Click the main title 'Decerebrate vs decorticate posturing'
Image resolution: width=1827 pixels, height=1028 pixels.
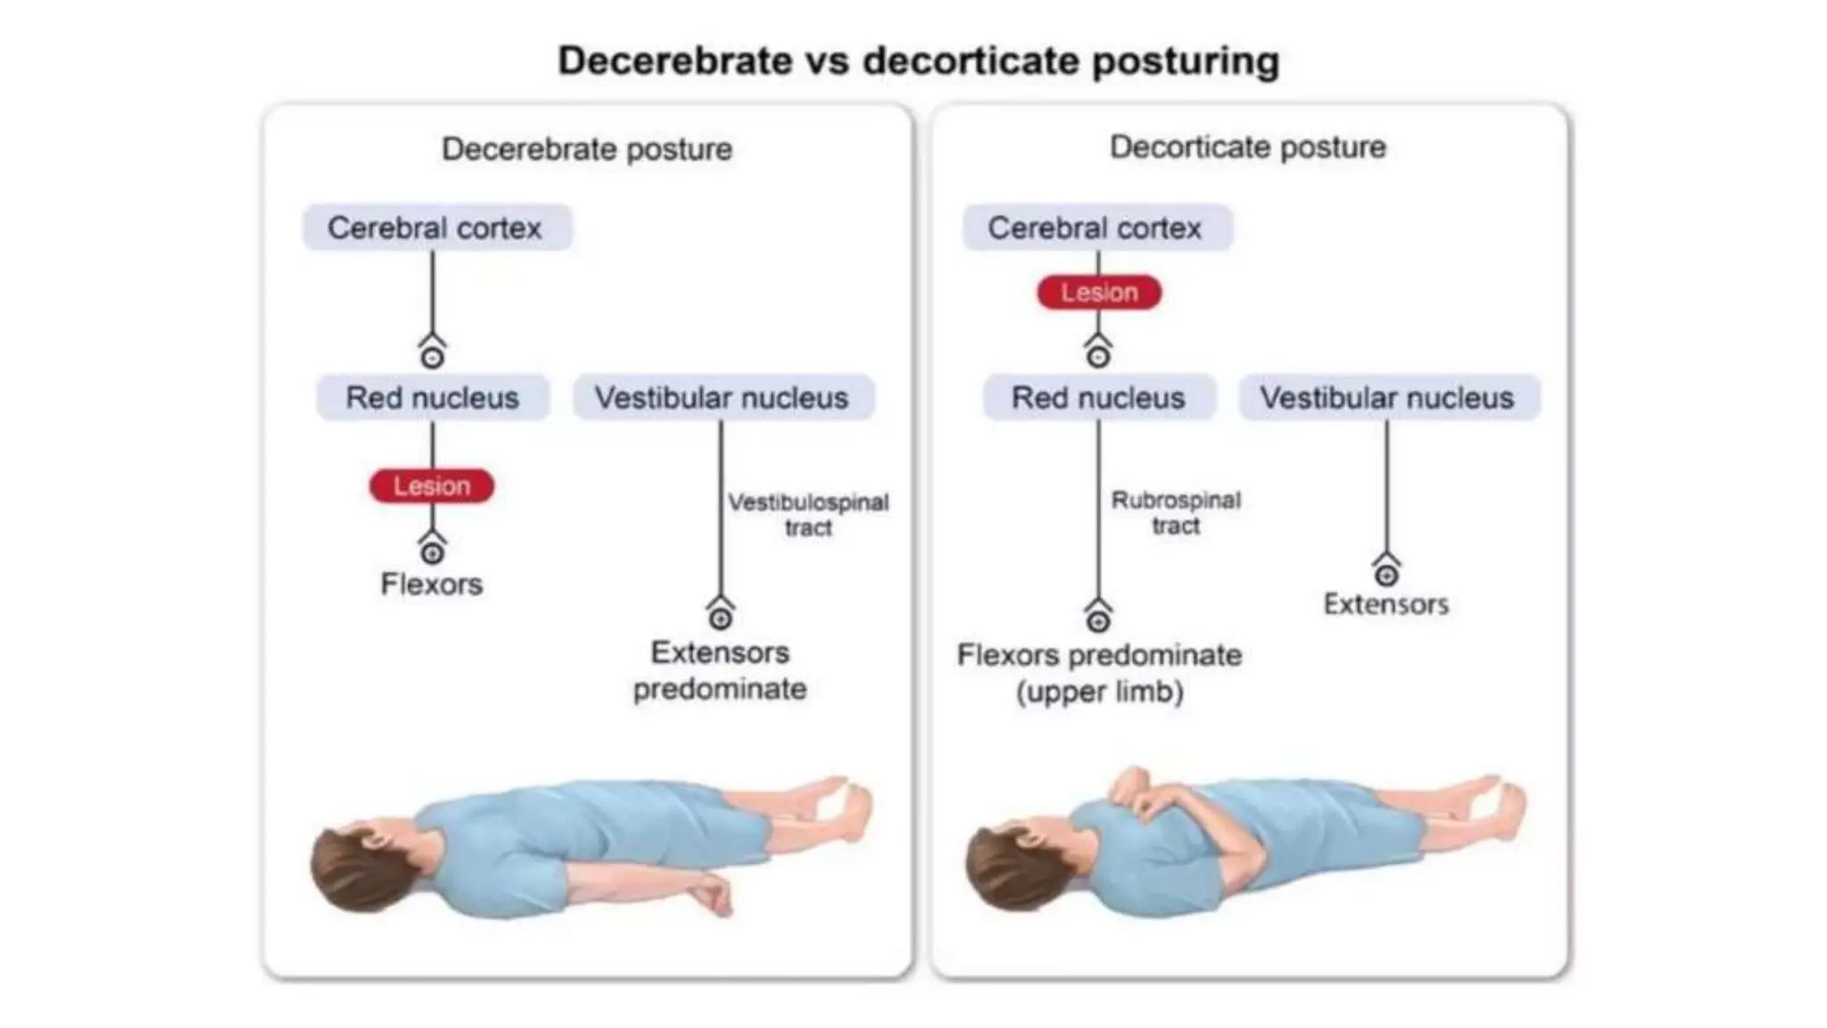point(918,62)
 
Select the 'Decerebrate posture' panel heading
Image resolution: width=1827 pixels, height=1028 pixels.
point(587,149)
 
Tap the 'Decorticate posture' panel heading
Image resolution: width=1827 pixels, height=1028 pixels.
point(1248,147)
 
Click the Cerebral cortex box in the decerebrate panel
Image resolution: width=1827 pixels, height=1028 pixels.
point(436,228)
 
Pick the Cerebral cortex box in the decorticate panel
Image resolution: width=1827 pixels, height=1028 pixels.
point(1096,228)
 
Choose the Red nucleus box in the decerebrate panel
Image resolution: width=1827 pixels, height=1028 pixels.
point(433,397)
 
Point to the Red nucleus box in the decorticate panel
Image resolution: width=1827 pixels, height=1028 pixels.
point(1098,397)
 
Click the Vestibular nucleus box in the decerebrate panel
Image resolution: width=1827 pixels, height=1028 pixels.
point(723,397)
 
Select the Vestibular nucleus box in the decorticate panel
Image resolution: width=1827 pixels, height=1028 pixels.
point(1388,397)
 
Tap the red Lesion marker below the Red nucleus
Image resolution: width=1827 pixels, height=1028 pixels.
point(432,486)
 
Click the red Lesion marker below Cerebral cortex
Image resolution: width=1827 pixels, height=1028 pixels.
point(1099,293)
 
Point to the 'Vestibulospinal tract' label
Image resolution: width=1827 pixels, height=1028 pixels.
point(808,515)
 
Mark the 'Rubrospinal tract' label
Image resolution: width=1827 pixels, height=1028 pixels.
point(1176,513)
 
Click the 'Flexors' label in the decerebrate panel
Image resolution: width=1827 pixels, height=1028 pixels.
point(432,584)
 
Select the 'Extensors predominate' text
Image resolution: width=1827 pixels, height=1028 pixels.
point(720,671)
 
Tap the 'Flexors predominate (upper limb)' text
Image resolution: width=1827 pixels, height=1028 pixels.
point(1099,674)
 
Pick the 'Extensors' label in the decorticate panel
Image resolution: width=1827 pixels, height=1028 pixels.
point(1386,604)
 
